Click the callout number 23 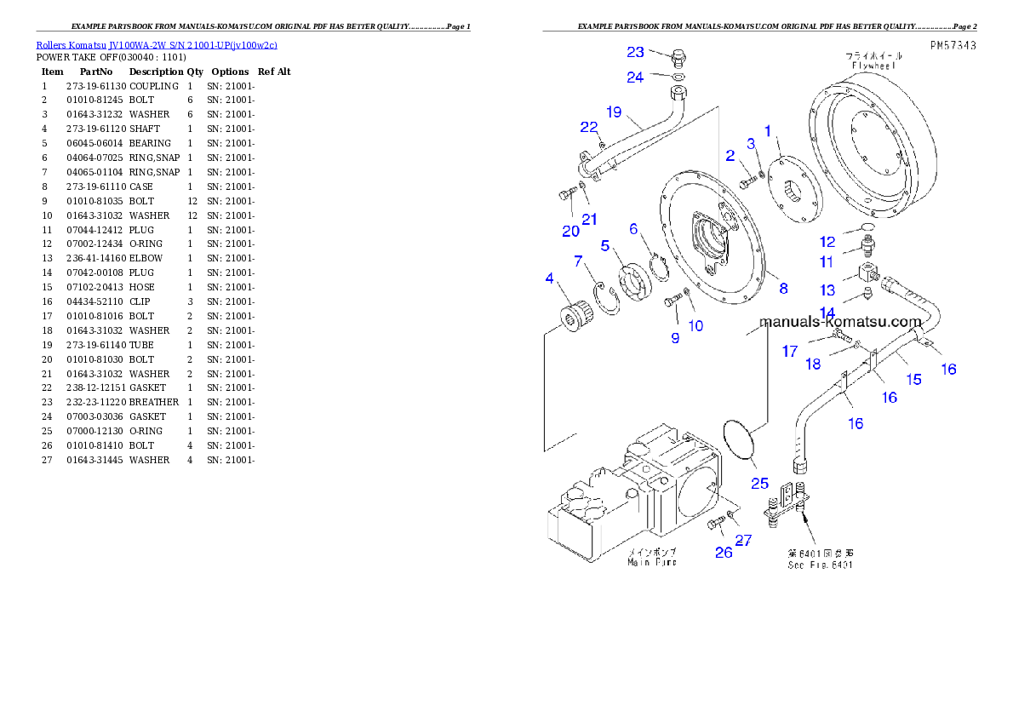pos(636,52)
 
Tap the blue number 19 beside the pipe pos(615,112)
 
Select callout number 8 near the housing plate pos(783,288)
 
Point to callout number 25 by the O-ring pos(759,483)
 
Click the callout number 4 pos(550,278)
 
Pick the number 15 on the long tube pos(913,379)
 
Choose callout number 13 pos(827,290)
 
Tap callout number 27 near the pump pos(743,539)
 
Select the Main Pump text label pos(652,562)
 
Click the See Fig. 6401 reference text pos(820,565)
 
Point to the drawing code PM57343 pos(952,45)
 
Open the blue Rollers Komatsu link pos(156,45)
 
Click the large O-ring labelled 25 pos(740,441)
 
